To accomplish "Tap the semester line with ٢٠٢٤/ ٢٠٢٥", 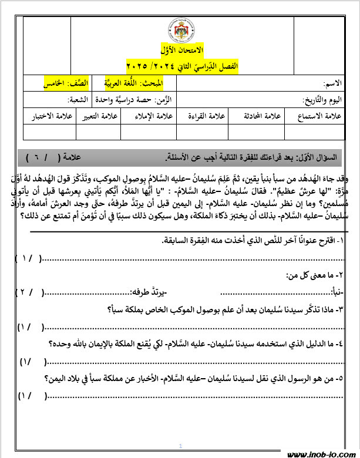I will (180, 64).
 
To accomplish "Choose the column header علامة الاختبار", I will (51, 116).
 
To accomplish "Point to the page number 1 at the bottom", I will (180, 445).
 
